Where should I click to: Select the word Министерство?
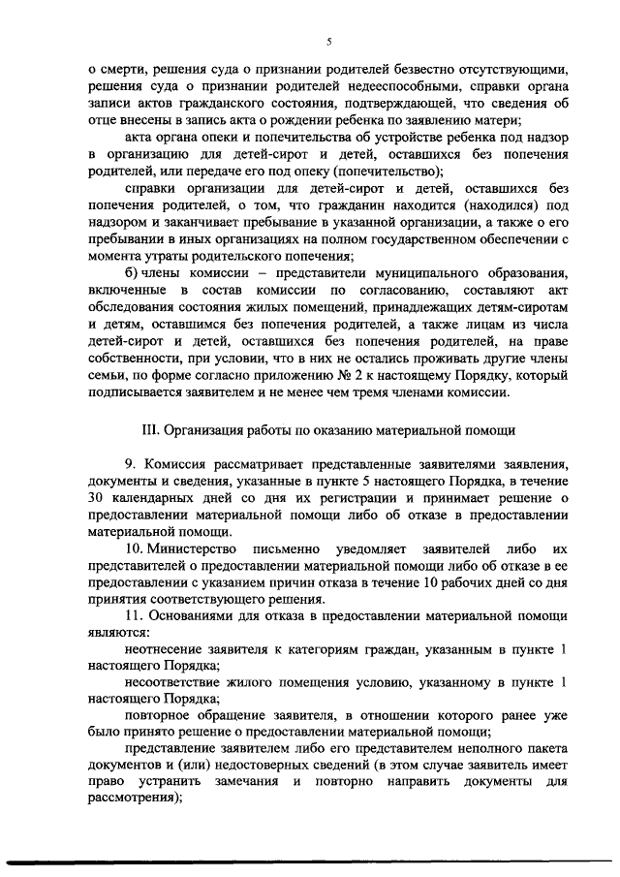click(x=201, y=550)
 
